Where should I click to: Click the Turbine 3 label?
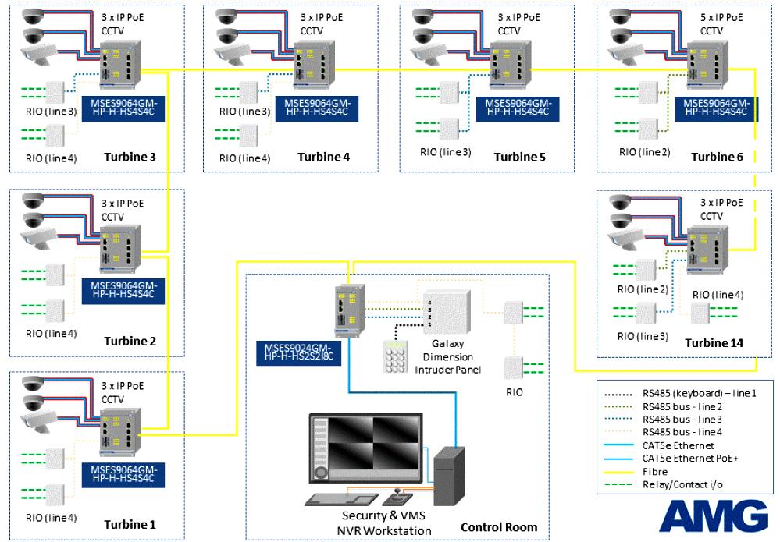coord(130,158)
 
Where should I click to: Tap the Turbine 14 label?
coord(714,343)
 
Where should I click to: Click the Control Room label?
coord(499,527)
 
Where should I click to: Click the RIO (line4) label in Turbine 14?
coord(712,294)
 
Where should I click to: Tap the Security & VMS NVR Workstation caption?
coord(386,523)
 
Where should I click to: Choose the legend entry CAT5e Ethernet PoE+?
coord(692,459)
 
